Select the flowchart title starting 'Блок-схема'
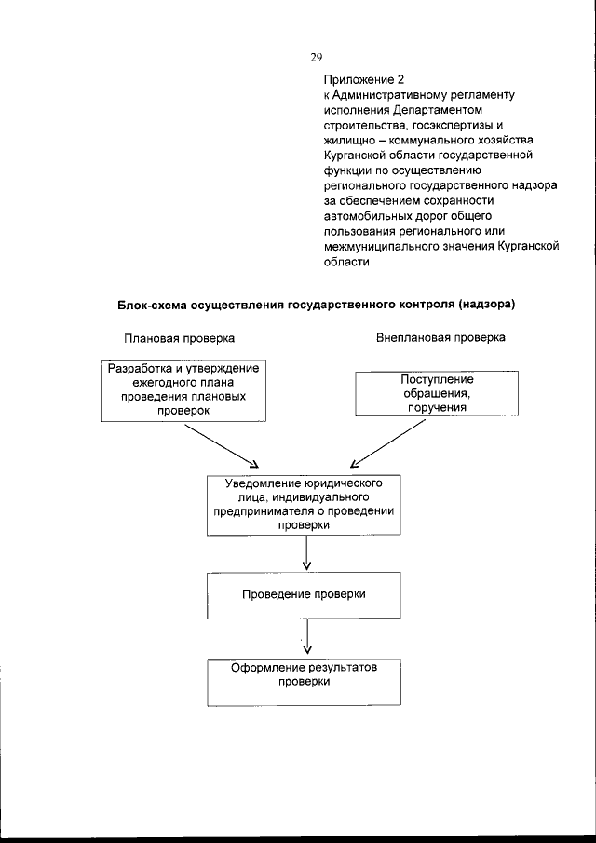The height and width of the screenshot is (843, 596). [316, 305]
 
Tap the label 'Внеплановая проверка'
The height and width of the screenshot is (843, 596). [440, 337]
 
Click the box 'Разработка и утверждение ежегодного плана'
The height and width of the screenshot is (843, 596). [183, 389]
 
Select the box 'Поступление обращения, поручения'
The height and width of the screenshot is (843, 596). [437, 393]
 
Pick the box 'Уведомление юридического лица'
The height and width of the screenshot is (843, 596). [306, 504]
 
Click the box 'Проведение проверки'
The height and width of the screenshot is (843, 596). [306, 593]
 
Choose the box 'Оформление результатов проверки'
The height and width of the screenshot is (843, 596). [306, 682]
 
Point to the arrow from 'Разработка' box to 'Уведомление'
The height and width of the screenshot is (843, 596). [221, 445]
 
